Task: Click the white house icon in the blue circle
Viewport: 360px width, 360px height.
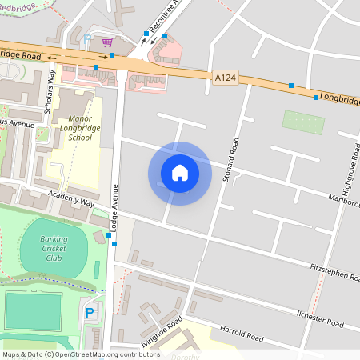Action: click(x=180, y=173)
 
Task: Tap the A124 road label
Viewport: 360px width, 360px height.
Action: click(x=225, y=77)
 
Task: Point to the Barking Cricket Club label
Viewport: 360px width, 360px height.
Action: click(x=54, y=246)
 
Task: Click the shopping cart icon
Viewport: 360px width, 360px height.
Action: click(x=107, y=42)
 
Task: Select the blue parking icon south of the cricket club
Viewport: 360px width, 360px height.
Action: click(x=90, y=312)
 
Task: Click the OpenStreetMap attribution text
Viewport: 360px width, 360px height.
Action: click(x=80, y=354)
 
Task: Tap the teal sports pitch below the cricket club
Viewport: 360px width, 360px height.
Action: click(x=33, y=310)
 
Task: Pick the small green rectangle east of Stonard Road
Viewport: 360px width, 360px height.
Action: click(x=304, y=122)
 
